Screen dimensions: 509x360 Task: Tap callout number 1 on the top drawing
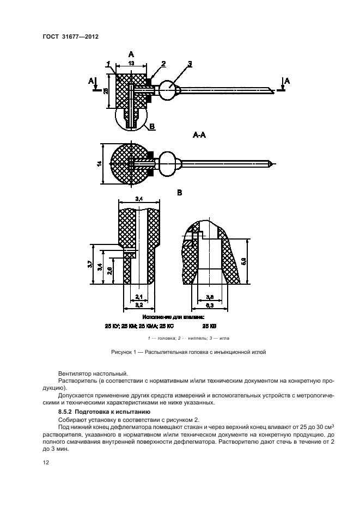(108, 64)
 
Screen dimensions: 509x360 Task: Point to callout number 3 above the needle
(189, 64)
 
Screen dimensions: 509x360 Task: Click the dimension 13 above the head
(131, 64)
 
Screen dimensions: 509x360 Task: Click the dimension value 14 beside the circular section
(100, 163)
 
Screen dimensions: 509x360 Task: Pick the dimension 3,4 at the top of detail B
(139, 199)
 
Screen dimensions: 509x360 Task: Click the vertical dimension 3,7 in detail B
(90, 264)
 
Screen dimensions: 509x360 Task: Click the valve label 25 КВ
(210, 327)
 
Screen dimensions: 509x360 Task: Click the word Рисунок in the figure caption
(124, 352)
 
